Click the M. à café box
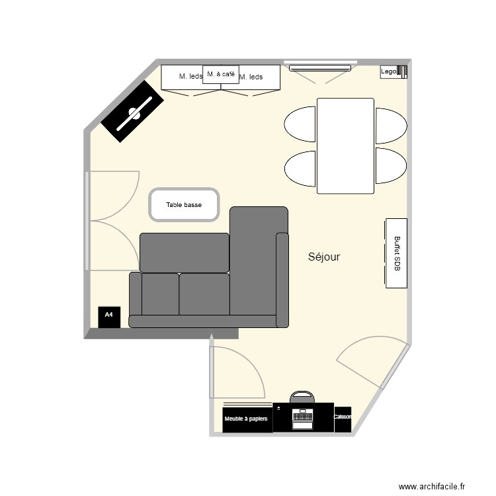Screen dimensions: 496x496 tap(220, 75)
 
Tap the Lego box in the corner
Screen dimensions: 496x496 tap(388, 71)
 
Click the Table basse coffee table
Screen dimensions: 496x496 tap(185, 205)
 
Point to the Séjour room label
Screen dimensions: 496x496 tap(324, 257)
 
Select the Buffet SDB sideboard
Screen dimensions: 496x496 tap(396, 253)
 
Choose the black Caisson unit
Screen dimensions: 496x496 tap(343, 419)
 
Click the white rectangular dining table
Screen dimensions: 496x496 tap(345, 145)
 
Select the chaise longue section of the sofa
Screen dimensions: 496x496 tap(258, 265)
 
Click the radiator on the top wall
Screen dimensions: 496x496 tap(317, 66)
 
